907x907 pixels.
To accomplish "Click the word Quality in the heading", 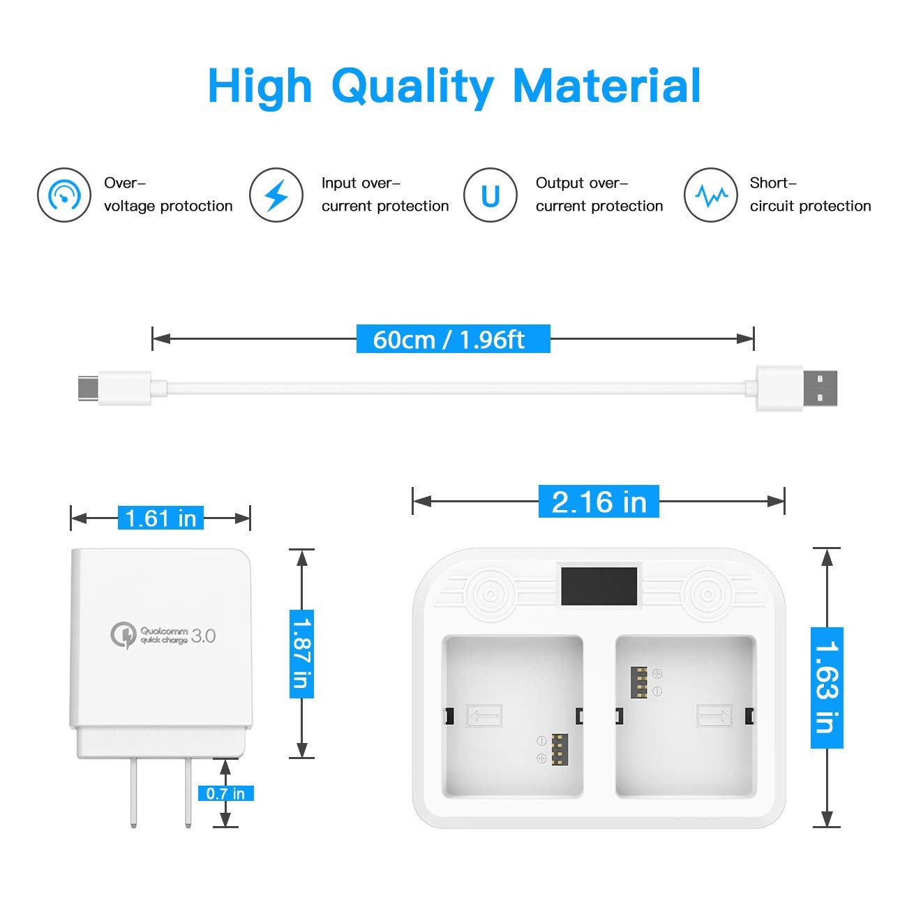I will (x=412, y=87).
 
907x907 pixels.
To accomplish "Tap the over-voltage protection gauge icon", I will (x=64, y=195).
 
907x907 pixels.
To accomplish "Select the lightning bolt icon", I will (x=276, y=195).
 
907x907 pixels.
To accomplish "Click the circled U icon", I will (x=490, y=195).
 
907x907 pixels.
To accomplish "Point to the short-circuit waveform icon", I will (x=710, y=195).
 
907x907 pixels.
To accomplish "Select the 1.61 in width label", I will (x=160, y=518).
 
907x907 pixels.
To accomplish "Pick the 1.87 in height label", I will (x=301, y=653).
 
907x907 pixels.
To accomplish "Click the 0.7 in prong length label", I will (x=225, y=793).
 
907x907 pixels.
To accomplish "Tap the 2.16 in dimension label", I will (x=599, y=502).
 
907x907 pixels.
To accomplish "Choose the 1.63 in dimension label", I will (x=827, y=687).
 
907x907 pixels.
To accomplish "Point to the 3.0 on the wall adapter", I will (x=203, y=636).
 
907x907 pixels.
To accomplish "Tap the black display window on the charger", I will (x=599, y=586).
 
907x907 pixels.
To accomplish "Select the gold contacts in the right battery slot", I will (x=639, y=682).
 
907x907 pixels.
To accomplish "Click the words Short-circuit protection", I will (x=809, y=195).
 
